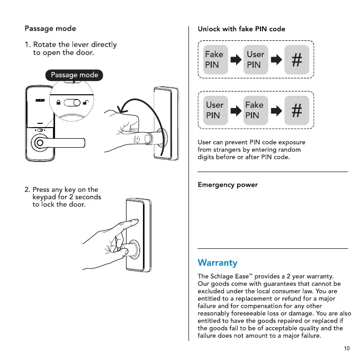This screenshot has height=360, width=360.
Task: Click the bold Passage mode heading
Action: click(50, 29)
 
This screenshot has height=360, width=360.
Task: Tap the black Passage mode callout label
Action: click(75, 75)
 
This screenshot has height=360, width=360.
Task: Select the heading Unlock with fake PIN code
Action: click(241, 29)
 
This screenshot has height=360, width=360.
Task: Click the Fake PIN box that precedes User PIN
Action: click(214, 59)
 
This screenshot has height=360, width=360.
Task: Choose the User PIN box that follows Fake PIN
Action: click(255, 59)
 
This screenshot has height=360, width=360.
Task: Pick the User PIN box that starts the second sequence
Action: click(214, 110)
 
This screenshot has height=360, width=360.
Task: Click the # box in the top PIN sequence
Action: click(296, 60)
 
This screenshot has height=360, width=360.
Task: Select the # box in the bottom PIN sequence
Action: click(296, 110)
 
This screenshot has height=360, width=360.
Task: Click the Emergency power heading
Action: click(227, 185)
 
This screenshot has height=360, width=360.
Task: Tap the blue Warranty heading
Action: click(217, 263)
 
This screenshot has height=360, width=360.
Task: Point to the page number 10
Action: click(347, 348)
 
